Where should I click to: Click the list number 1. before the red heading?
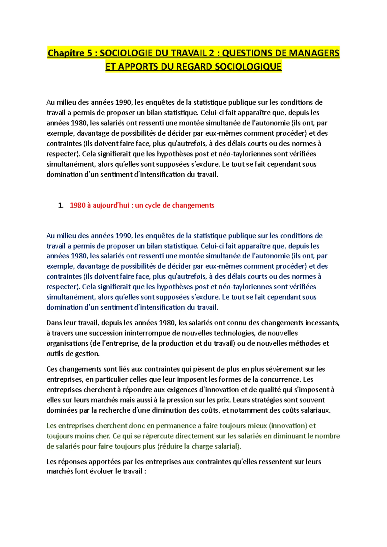point(61,206)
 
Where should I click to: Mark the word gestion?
point(87,354)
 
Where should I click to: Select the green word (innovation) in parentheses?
point(288,426)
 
